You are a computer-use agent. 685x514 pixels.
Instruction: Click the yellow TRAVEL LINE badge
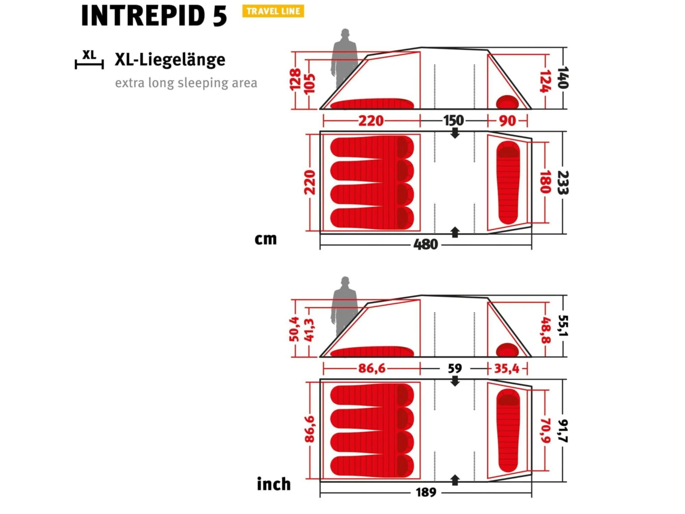[x=273, y=11]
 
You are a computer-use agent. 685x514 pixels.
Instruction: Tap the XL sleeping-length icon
[x=89, y=59]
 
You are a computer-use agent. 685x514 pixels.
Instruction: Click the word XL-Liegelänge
[x=170, y=60]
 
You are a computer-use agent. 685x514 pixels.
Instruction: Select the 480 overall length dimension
[x=426, y=244]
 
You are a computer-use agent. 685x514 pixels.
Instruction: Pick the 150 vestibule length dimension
[x=453, y=121]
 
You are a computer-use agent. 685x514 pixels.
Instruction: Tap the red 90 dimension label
[x=507, y=121]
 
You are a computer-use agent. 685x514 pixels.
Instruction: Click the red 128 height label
[x=295, y=79]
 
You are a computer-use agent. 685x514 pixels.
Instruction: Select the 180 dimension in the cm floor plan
[x=545, y=182]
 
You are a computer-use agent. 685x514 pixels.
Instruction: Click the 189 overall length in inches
[x=426, y=493]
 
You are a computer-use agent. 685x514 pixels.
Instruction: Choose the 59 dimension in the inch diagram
[x=455, y=369]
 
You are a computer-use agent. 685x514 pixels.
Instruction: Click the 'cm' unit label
[x=266, y=239]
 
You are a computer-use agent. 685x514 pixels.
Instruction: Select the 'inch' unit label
[x=274, y=484]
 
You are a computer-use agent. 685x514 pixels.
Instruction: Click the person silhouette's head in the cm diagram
[x=345, y=33]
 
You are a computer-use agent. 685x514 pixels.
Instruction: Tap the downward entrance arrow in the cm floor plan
[x=455, y=132]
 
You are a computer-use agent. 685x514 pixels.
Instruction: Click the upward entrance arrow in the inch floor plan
[x=455, y=480]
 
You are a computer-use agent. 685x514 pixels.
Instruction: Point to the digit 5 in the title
[x=220, y=16]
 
